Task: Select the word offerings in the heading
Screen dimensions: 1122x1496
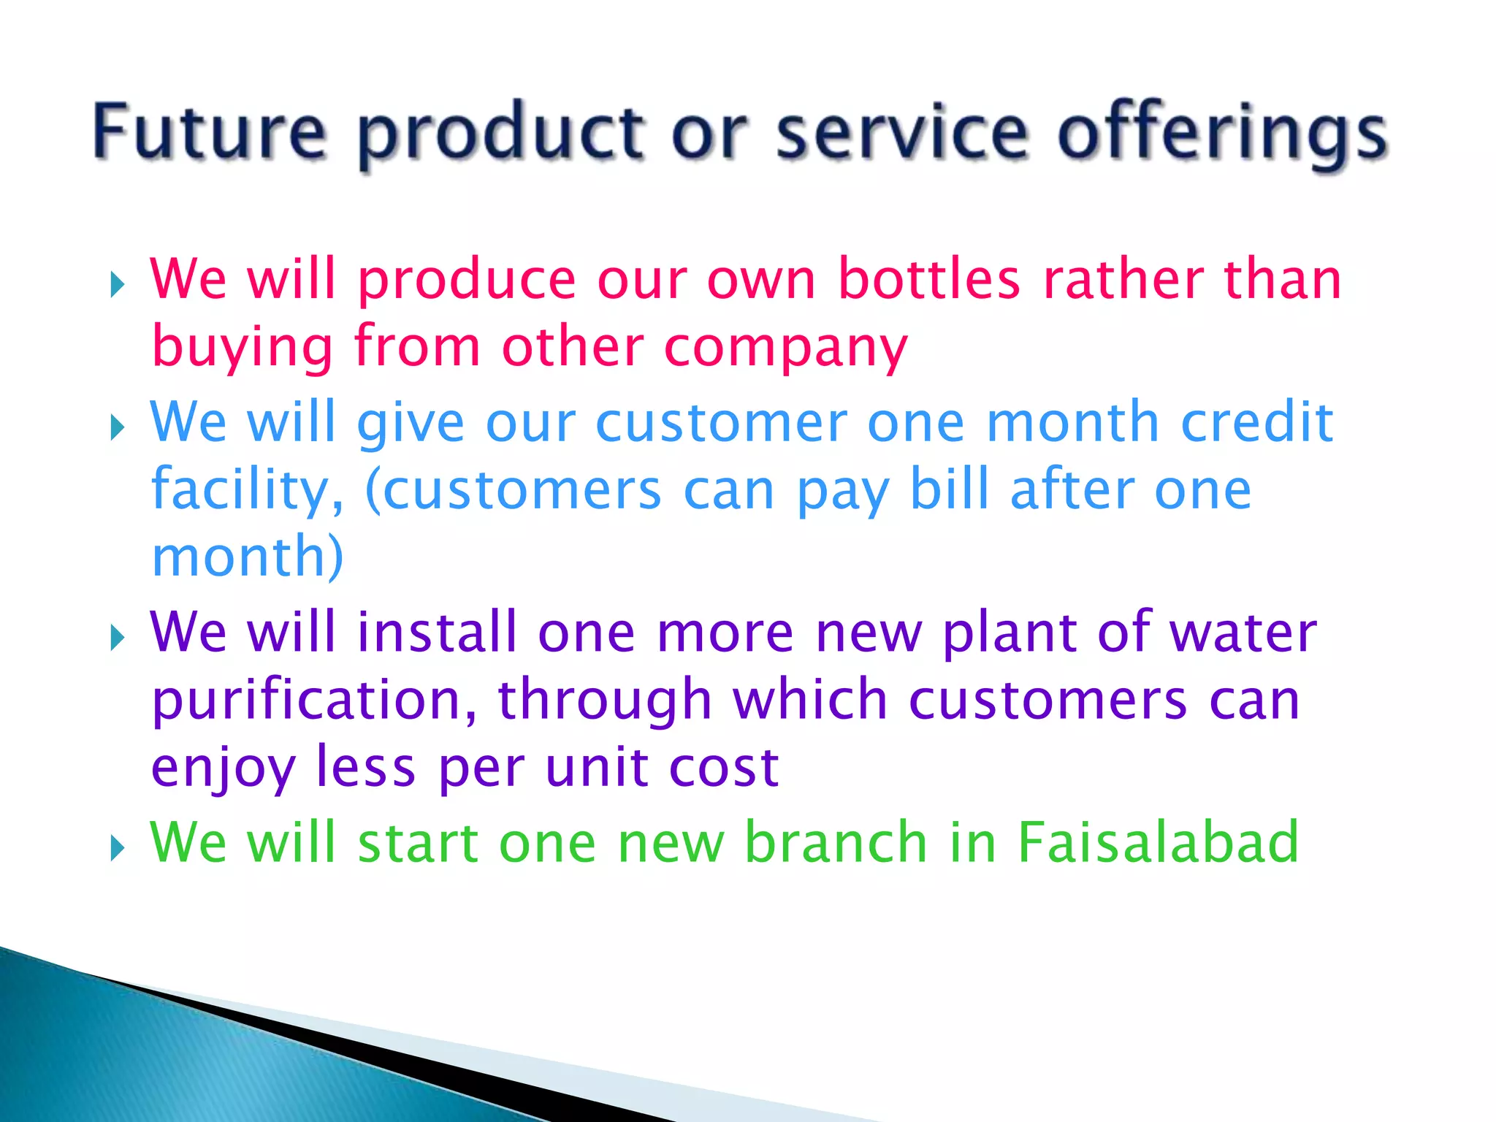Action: [1222, 135]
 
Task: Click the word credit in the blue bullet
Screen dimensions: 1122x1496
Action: [1257, 422]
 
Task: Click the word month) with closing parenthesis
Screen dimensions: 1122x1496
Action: [248, 557]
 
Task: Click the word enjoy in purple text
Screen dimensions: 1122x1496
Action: [223, 769]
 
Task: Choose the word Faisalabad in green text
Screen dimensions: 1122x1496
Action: [1158, 842]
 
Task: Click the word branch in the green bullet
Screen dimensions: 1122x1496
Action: [836, 842]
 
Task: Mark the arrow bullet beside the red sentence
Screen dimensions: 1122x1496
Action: [118, 285]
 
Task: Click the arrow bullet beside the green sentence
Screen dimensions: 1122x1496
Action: [118, 849]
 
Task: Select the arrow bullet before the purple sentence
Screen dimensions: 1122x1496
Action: [118, 638]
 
